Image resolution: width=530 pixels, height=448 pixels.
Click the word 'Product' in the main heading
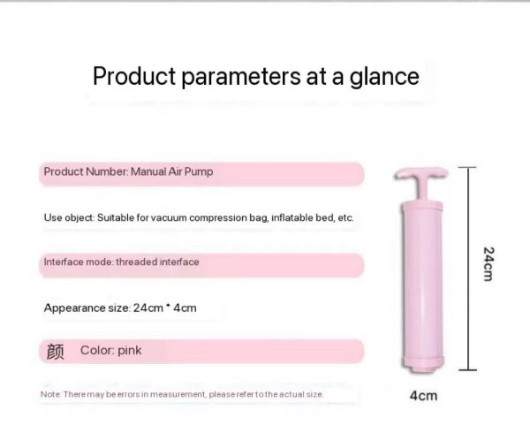(134, 76)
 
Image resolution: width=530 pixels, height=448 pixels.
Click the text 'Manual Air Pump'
(171, 171)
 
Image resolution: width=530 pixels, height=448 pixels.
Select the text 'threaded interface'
(157, 262)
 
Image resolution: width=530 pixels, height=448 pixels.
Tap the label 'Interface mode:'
(79, 262)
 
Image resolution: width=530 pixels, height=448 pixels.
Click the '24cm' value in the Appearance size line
(148, 308)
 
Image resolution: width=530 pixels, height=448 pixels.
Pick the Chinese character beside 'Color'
(55, 352)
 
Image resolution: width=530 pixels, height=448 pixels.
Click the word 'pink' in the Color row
(130, 351)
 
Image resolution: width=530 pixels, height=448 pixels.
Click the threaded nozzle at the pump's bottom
(422, 368)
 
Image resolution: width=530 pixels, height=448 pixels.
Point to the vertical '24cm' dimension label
(488, 264)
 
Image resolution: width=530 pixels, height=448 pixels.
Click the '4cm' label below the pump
(423, 395)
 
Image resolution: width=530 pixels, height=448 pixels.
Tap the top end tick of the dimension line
(467, 167)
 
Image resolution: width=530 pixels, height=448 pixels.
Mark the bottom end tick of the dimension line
(468, 370)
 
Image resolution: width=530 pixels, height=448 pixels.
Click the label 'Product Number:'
(87, 171)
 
